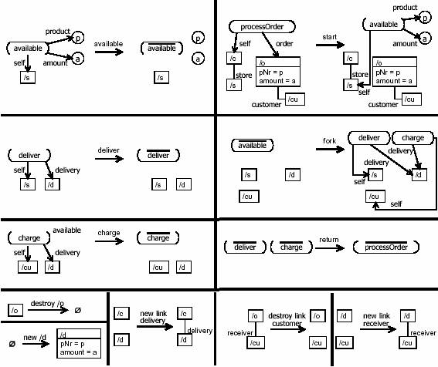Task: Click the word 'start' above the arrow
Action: pyautogui.click(x=329, y=37)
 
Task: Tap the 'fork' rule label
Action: pyautogui.click(x=329, y=141)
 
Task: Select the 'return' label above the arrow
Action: pyautogui.click(x=329, y=240)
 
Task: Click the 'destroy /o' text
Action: pyautogui.click(x=47, y=304)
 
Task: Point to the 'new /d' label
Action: pyautogui.click(x=35, y=338)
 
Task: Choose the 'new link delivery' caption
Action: pyautogui.click(x=153, y=317)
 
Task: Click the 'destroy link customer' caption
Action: pyautogui.click(x=287, y=320)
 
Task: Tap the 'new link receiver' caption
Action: pyautogui.click(x=376, y=320)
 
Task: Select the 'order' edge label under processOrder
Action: pyautogui.click(x=284, y=44)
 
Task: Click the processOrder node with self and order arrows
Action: pyautogui.click(x=262, y=27)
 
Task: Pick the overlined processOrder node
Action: pyautogui.click(x=386, y=247)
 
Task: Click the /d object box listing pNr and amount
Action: pyautogui.click(x=79, y=343)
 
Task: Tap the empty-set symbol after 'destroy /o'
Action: pyautogui.click(x=78, y=310)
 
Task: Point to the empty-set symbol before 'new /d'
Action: pyautogui.click(x=12, y=344)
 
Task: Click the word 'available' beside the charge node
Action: pyautogui.click(x=66, y=231)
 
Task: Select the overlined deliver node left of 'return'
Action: pyautogui.click(x=245, y=247)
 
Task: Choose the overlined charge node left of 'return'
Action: pyautogui.click(x=291, y=247)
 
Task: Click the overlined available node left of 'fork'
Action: pyautogui.click(x=253, y=145)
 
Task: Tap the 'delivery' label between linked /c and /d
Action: pyautogui.click(x=200, y=331)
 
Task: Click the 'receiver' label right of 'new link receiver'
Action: pyautogui.click(x=423, y=333)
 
